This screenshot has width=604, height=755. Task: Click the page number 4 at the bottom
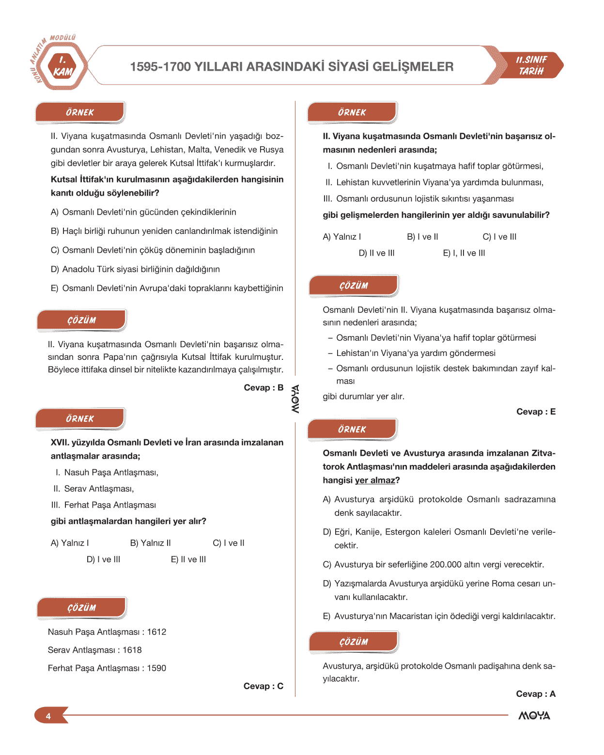click(x=48, y=716)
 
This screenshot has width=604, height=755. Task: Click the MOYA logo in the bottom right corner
click(x=534, y=716)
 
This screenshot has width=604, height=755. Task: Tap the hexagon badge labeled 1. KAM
click(x=62, y=66)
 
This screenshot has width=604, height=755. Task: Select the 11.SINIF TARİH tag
click(x=531, y=65)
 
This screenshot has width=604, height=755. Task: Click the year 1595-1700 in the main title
click(x=160, y=67)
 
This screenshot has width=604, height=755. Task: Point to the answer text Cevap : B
click(x=263, y=387)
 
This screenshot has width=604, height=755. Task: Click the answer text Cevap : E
click(x=536, y=412)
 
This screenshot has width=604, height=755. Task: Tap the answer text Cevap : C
click(x=263, y=686)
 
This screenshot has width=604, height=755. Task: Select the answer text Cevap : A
click(x=536, y=694)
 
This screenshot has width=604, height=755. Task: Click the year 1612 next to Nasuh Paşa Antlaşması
click(x=156, y=632)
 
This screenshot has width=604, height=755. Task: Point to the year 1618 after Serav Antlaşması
click(x=132, y=650)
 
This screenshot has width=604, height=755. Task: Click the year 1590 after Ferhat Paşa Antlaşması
click(x=156, y=668)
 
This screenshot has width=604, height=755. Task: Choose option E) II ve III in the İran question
click(x=188, y=559)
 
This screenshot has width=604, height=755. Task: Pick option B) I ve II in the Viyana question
click(x=422, y=237)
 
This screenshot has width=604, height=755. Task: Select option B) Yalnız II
click(x=150, y=543)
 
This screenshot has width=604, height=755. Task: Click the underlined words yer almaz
click(x=375, y=480)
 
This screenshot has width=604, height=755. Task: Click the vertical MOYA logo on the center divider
click(x=295, y=399)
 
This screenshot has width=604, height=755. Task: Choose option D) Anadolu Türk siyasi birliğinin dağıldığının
click(x=135, y=269)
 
